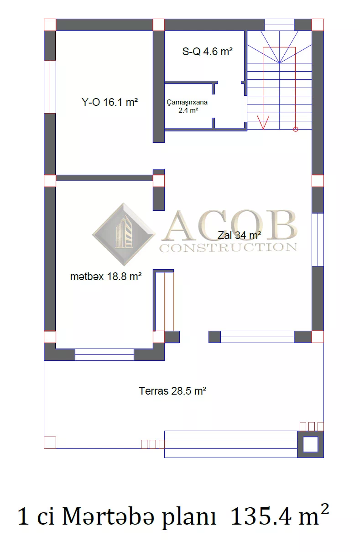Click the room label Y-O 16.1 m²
(x=110, y=102)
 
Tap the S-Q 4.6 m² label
(x=207, y=52)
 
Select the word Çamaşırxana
(x=187, y=102)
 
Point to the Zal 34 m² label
(x=239, y=235)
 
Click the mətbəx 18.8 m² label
(x=106, y=276)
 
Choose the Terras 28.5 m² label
(x=172, y=391)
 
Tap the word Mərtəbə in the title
(x=109, y=516)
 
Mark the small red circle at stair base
(x=296, y=129)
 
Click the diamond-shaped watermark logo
(x=124, y=234)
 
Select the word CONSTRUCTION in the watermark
(x=229, y=248)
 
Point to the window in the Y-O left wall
(x=50, y=87)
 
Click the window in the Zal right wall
(x=318, y=240)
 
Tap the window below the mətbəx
(x=104, y=354)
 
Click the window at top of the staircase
(x=279, y=25)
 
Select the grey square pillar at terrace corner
(x=310, y=444)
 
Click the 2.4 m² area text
(x=188, y=110)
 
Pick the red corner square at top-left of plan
(x=50, y=25)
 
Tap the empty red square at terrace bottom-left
(x=50, y=443)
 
